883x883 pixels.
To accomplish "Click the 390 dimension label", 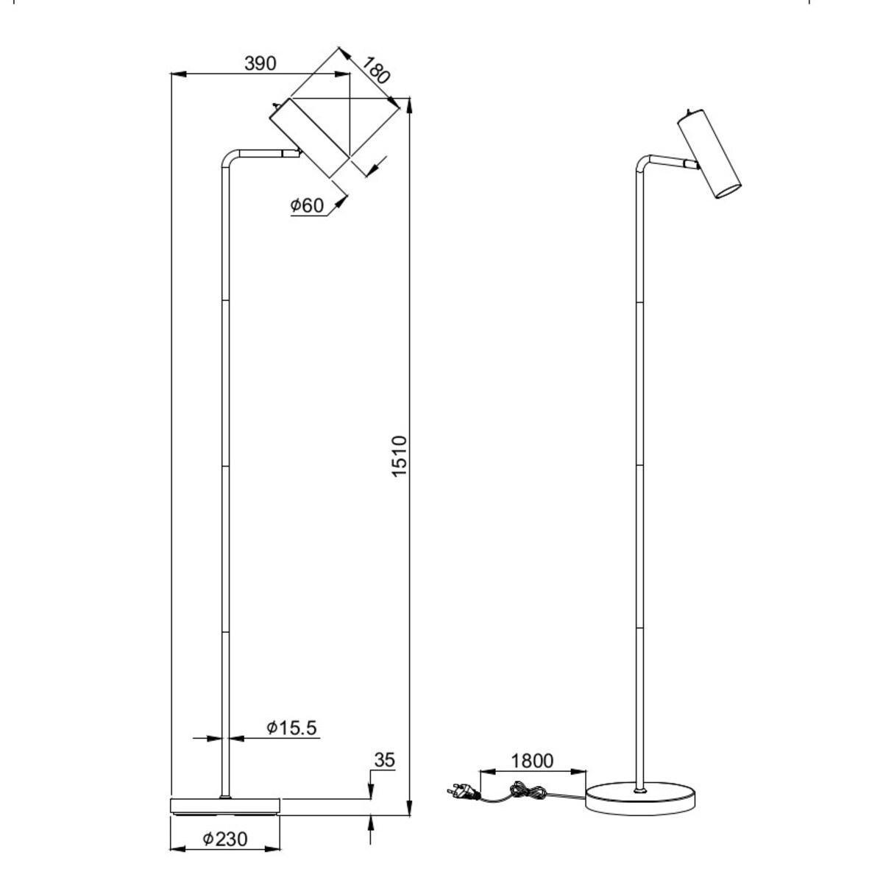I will click(x=260, y=63).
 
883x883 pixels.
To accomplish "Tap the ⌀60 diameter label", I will click(x=306, y=206).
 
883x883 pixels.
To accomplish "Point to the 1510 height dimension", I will click(x=399, y=456).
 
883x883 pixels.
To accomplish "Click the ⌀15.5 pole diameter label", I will click(x=291, y=728).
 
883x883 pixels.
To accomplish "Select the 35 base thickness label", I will click(x=385, y=759).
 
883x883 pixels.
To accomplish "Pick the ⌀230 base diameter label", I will click(x=224, y=838).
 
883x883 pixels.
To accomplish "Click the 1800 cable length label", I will click(x=532, y=760).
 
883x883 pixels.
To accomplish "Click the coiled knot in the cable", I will click(x=528, y=792).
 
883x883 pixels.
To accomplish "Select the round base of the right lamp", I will click(x=640, y=798).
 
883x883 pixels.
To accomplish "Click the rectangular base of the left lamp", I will click(x=225, y=806).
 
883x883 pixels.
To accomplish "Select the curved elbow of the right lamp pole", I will click(x=643, y=162).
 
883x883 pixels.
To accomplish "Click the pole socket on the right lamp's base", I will click(x=641, y=790).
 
